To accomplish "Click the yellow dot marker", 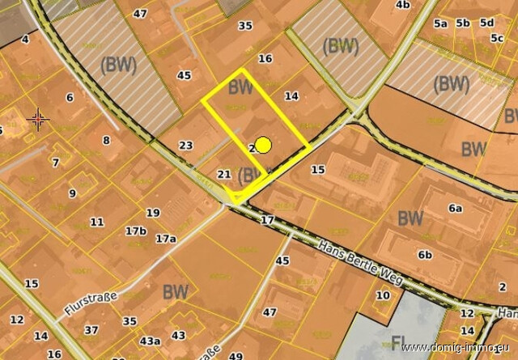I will point(262,146).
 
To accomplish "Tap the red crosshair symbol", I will point(38,120).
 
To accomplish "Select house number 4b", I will point(402,5).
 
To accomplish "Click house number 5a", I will point(440,23).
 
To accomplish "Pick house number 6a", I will point(455,209).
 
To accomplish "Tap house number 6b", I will point(425,255).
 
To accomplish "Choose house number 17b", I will point(135,231).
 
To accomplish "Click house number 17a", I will point(165,239).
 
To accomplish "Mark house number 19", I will point(152,213).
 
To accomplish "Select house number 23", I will point(186,146).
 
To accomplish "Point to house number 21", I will point(225,174).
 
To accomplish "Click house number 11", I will point(97,222).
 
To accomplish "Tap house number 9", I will point(72,193).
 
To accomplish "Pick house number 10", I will point(382,295).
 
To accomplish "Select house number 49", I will point(236,356).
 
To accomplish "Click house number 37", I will point(91,330).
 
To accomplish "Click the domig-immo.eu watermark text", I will point(457,348).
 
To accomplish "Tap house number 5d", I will point(486,23).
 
